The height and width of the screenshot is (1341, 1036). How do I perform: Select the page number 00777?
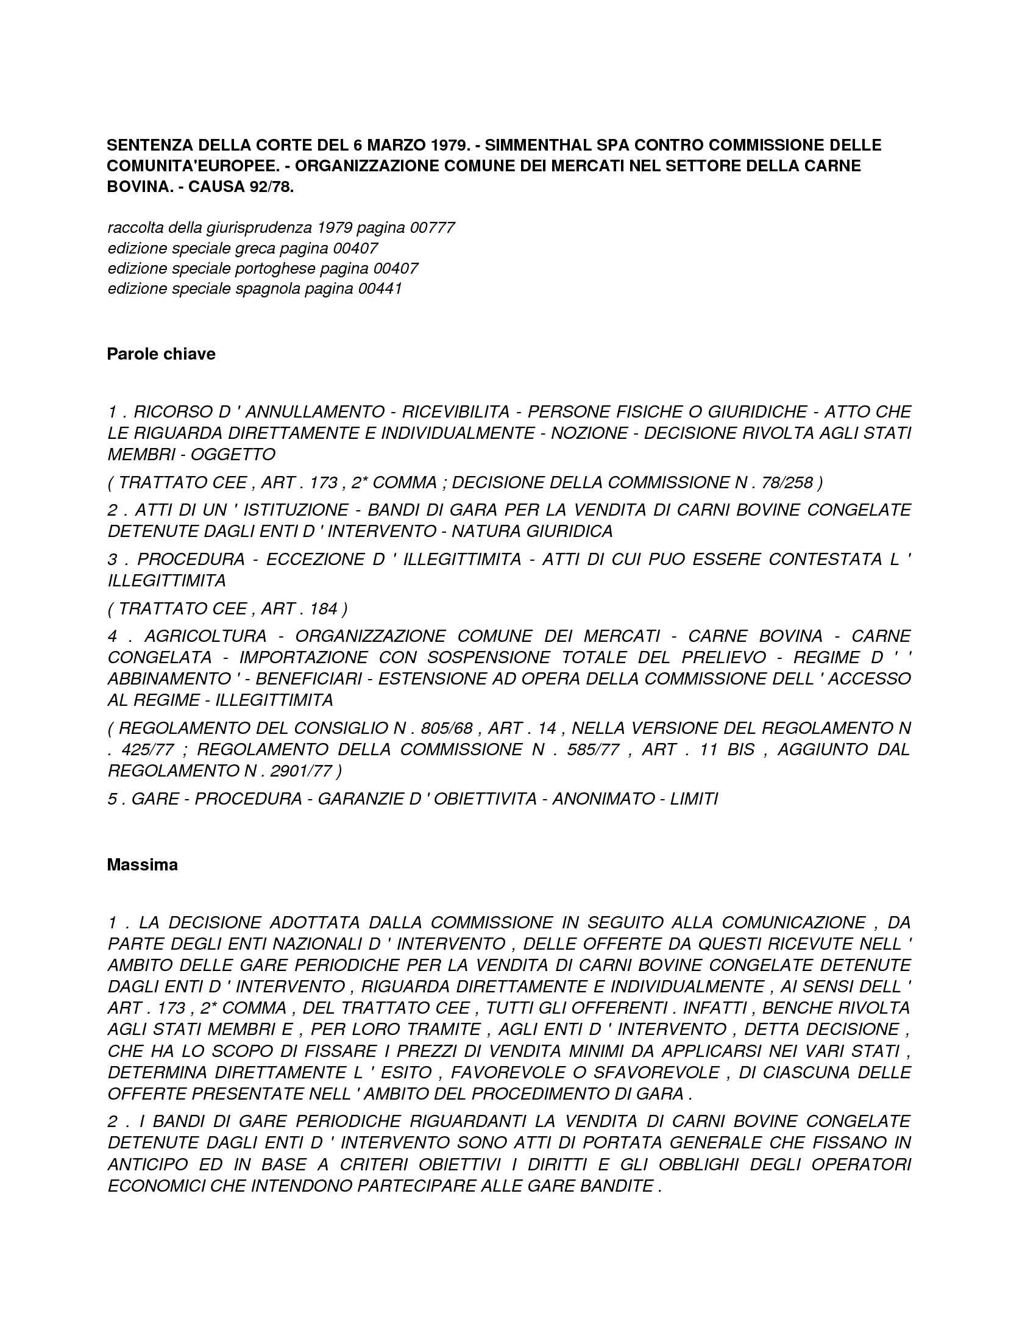[432, 228]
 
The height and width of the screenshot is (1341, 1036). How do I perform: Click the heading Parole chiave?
[161, 354]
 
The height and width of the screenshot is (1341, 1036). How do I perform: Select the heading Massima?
[142, 864]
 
